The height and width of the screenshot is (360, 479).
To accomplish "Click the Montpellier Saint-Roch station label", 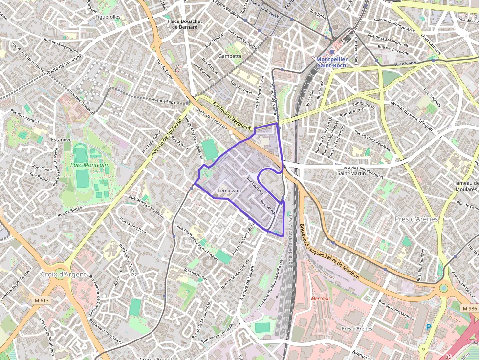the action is tap(331, 62).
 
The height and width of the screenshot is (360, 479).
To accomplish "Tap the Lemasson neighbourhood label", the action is tap(229, 191).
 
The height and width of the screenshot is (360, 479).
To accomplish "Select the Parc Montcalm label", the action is tap(90, 165).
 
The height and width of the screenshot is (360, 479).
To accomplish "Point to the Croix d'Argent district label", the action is tap(64, 275).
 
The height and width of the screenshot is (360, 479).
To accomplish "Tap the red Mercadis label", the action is tap(321, 298).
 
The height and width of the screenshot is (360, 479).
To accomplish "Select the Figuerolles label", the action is tap(108, 17).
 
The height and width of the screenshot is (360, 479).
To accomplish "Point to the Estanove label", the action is tap(62, 140).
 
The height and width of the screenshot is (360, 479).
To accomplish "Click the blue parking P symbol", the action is tap(429, 328).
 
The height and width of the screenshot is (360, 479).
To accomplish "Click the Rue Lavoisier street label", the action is tap(255, 185).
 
